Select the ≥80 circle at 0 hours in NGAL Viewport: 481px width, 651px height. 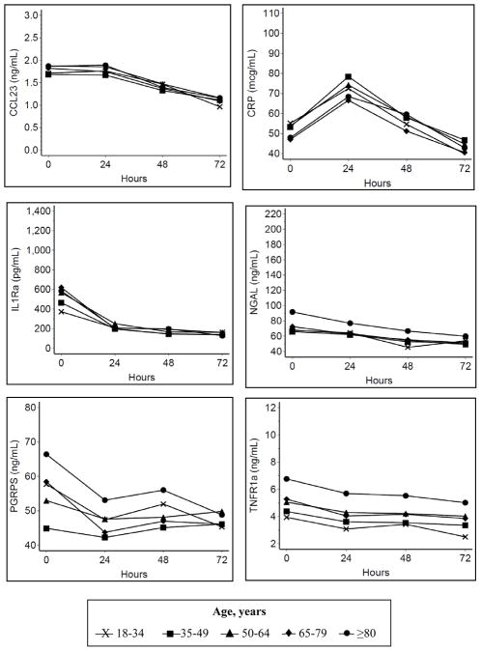point(292,312)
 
